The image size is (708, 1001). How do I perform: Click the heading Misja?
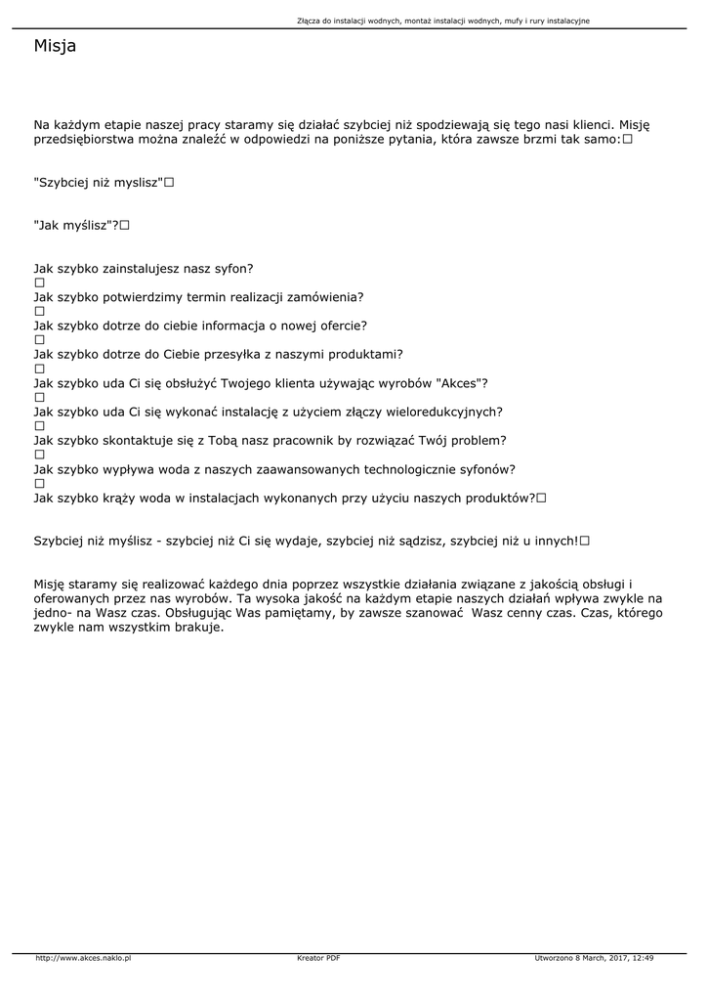click(x=55, y=46)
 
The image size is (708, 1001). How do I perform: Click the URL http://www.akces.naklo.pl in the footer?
click(x=83, y=958)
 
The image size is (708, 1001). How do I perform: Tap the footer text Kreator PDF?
click(x=318, y=958)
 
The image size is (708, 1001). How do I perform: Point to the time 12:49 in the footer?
click(x=643, y=958)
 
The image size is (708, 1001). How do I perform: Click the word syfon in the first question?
click(x=230, y=268)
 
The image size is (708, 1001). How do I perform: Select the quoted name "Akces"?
click(x=457, y=382)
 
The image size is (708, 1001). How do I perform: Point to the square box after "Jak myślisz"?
click(x=125, y=226)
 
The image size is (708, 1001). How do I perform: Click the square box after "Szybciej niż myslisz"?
click(x=169, y=183)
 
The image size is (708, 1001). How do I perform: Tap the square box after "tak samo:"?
click(x=627, y=140)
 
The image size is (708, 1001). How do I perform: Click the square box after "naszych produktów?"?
click(x=541, y=498)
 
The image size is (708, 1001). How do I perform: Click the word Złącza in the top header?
click(x=309, y=21)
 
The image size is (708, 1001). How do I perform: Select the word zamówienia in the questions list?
click(x=327, y=296)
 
